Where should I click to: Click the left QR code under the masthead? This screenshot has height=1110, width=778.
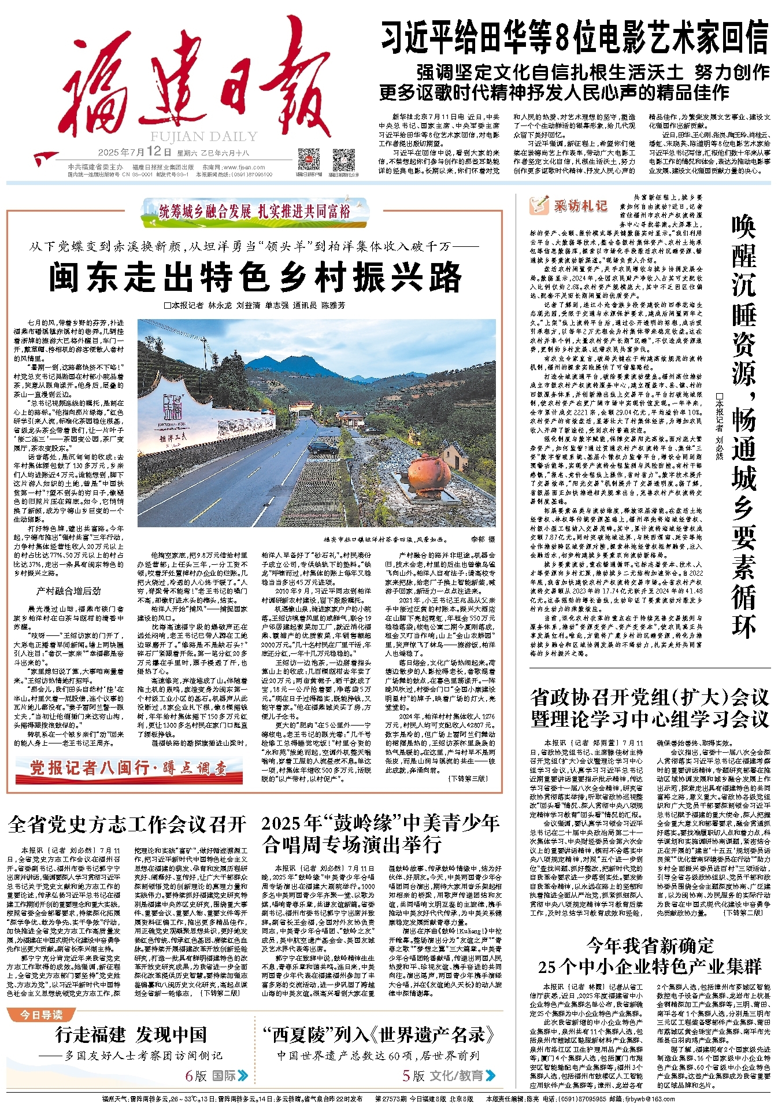coord(308,159)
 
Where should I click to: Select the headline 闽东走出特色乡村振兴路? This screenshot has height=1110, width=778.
coord(255,277)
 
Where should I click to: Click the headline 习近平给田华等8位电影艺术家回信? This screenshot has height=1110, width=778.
coord(575,37)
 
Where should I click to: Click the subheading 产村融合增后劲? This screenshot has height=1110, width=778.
coord(68,591)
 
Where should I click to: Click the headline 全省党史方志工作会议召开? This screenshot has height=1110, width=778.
coord(127,824)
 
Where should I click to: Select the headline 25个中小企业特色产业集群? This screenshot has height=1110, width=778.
coord(650,966)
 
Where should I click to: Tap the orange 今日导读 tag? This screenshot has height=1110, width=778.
coord(41,1015)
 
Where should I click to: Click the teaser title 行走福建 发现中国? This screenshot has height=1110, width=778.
coord(131,1035)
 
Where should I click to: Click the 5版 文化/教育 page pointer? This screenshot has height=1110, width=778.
coord(449,1075)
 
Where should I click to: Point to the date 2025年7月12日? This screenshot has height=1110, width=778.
coord(135,153)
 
